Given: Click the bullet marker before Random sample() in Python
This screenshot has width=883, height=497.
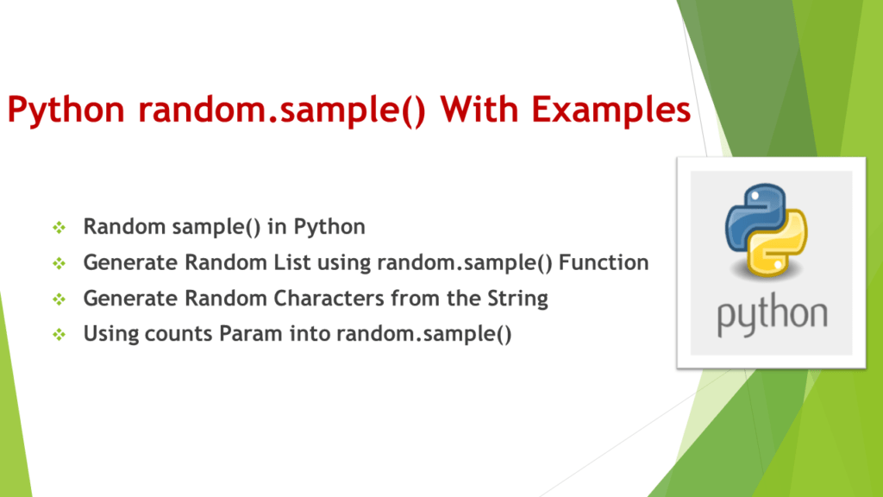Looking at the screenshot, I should (x=59, y=228).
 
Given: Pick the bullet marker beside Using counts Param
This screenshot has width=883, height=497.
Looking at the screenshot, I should (x=59, y=334).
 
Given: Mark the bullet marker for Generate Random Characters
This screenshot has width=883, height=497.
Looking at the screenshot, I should (x=59, y=299).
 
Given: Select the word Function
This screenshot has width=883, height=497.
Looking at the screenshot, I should (x=604, y=263).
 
